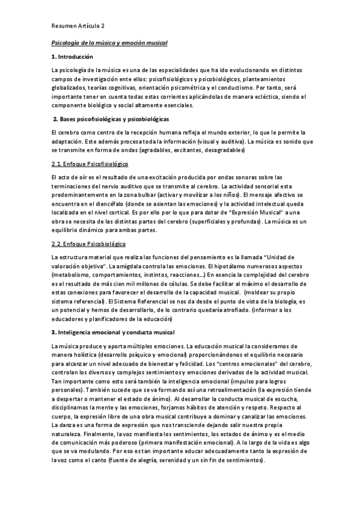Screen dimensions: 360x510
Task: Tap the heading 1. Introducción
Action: (x=72, y=57)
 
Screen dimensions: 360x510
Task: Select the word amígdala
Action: (x=105, y=266)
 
